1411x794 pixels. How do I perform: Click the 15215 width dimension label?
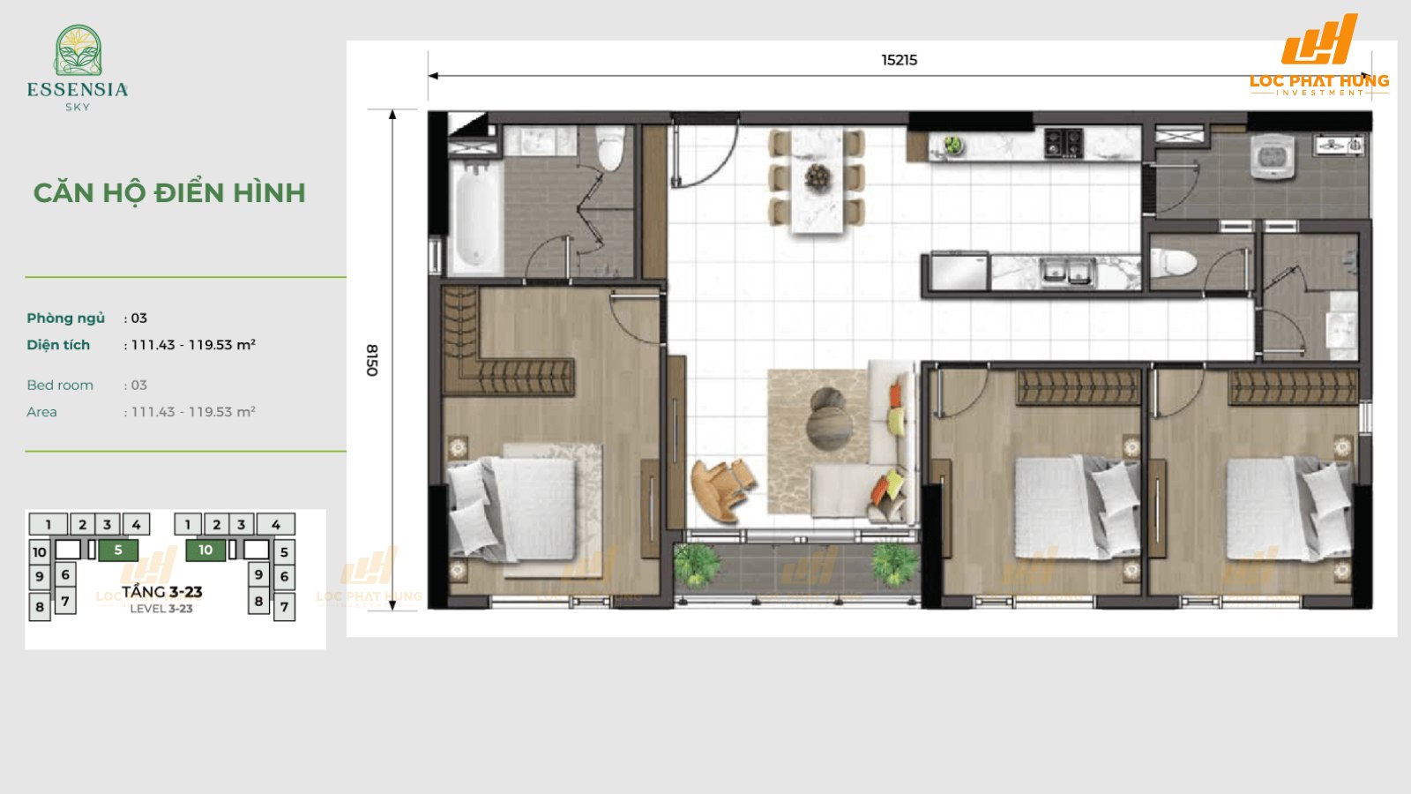(899, 60)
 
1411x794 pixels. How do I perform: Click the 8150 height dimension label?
(372, 360)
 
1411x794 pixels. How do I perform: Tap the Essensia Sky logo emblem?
(78, 51)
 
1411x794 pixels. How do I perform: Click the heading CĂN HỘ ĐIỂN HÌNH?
(169, 193)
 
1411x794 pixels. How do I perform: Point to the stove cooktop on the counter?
(1063, 142)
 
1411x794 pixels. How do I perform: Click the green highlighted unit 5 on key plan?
(117, 551)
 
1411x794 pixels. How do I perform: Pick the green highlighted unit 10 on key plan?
(205, 551)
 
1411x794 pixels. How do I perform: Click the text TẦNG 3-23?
(161, 592)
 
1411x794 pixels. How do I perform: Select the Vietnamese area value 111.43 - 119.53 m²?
(193, 345)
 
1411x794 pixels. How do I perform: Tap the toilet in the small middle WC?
(1176, 262)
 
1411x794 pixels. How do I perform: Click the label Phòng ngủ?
(65, 318)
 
